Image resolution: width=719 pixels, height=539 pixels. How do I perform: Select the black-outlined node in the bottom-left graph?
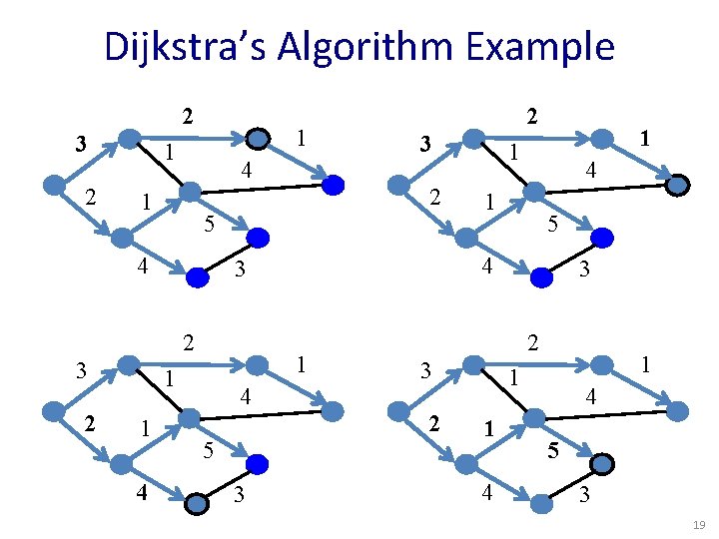pos(198,504)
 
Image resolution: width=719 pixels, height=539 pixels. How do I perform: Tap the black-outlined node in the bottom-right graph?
pos(603,464)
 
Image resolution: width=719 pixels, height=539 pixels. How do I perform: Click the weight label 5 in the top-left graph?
pos(208,221)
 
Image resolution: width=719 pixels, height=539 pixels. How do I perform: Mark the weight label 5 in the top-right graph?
pos(551,226)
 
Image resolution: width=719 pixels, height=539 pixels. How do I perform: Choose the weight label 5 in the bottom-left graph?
pos(208,450)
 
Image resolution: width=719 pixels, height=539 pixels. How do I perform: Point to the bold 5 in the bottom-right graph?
pos(550,451)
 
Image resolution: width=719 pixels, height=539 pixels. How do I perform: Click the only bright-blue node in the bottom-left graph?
pos(258,464)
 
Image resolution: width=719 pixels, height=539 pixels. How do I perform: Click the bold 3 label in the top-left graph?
pos(80,145)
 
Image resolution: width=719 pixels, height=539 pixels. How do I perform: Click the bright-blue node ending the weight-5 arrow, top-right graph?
pos(603,238)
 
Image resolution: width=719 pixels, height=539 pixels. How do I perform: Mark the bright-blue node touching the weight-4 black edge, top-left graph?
pos(333,184)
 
